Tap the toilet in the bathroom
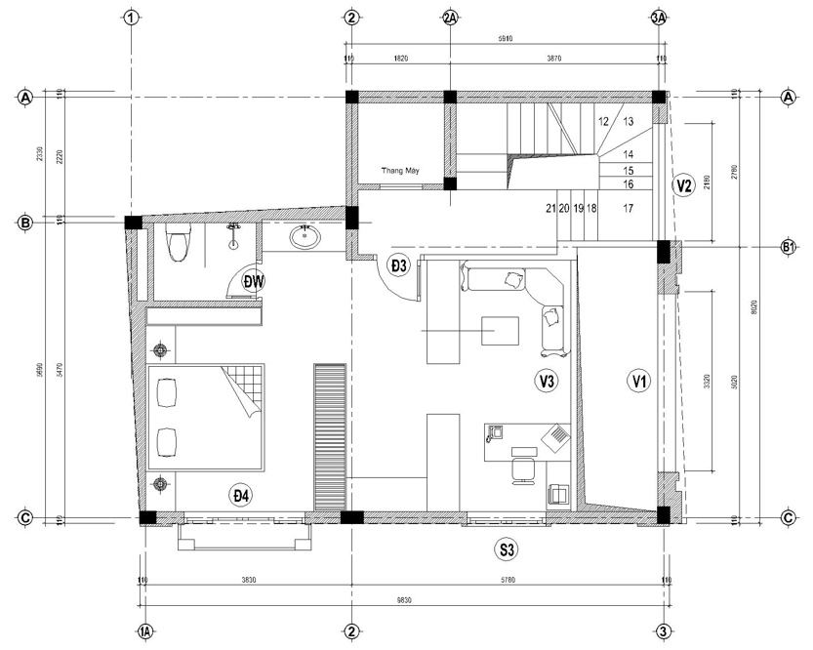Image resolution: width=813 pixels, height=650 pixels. (x=178, y=244)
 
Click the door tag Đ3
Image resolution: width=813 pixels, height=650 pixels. (x=398, y=265)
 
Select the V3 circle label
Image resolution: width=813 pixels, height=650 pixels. (x=546, y=382)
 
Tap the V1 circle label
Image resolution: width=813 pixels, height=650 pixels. (x=638, y=382)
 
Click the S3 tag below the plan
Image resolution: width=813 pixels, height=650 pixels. (x=507, y=550)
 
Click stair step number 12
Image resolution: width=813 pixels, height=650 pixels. (x=603, y=122)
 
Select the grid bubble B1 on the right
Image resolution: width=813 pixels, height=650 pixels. (x=789, y=247)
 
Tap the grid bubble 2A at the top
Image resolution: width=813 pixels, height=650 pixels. (x=450, y=19)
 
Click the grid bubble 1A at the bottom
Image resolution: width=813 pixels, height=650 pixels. (x=145, y=632)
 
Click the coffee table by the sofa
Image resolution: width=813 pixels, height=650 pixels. (x=500, y=330)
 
